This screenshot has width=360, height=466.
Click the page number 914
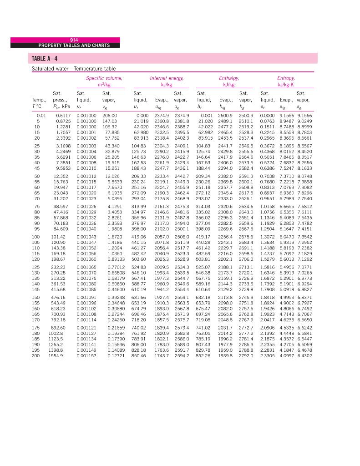coord(75,40)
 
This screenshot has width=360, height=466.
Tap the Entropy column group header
coord(286,78)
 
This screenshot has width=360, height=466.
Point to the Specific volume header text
coord(104,78)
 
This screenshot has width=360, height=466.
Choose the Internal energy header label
coord(167,78)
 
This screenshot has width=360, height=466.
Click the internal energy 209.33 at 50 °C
coord(139,175)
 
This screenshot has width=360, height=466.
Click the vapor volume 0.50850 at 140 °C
coord(116,271)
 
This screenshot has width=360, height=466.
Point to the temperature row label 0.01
coord(41,116)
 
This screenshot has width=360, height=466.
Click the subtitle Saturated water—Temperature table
coord(73,69)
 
